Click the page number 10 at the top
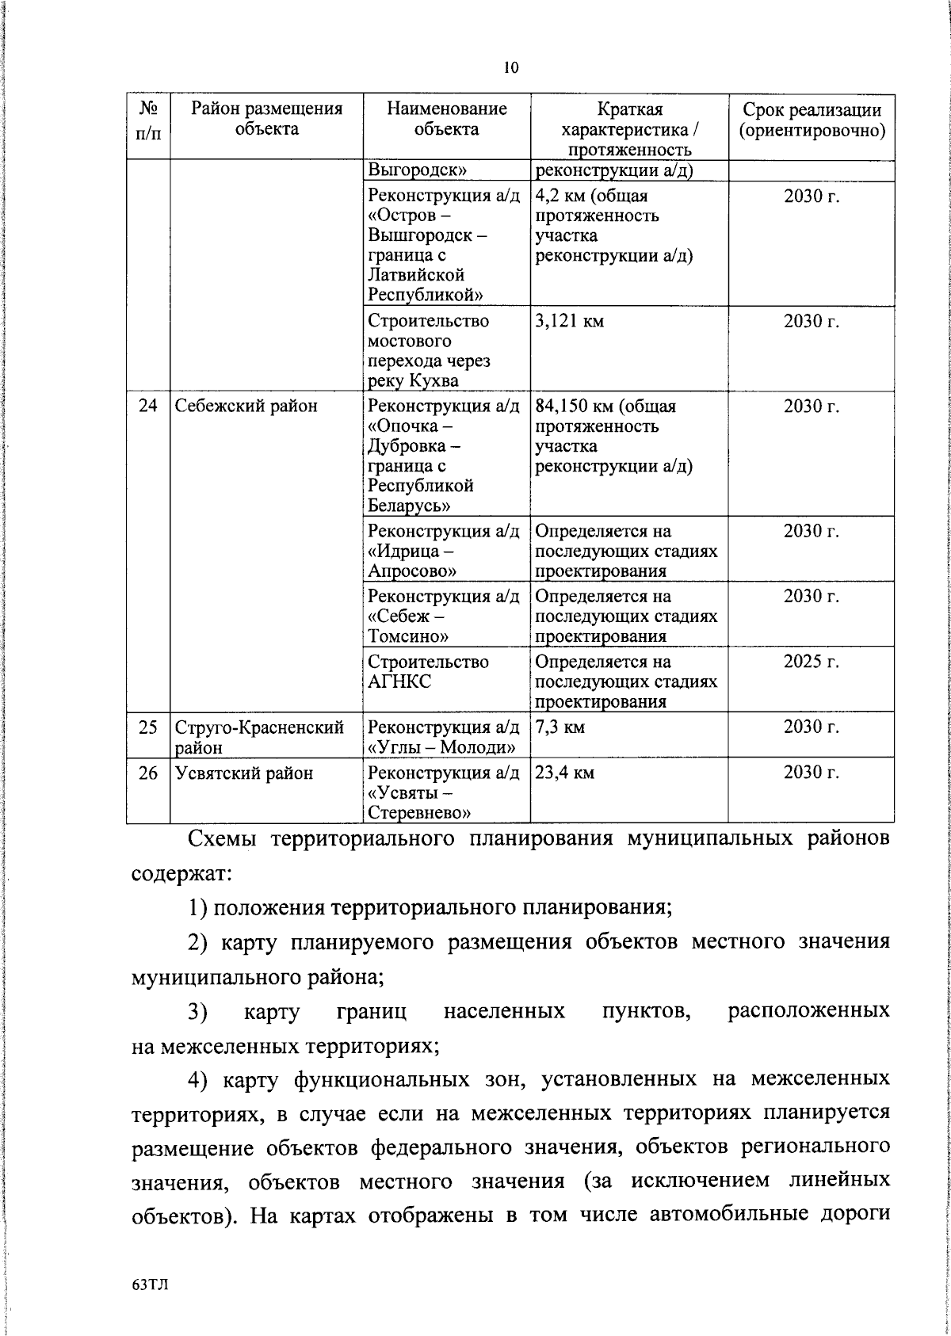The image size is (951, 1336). tap(510, 68)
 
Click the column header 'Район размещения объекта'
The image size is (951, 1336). tap(266, 119)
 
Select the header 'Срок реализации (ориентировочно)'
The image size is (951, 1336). tap(812, 120)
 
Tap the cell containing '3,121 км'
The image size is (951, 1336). tap(569, 322)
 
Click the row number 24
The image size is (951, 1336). tap(148, 407)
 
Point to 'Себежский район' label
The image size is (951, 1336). tap(246, 407)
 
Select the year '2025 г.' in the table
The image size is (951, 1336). tap(811, 662)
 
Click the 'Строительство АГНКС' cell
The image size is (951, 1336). tap(428, 671)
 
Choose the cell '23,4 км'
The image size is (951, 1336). tap(564, 773)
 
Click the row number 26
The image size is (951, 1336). tap(148, 773)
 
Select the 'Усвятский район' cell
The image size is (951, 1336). tap(244, 773)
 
